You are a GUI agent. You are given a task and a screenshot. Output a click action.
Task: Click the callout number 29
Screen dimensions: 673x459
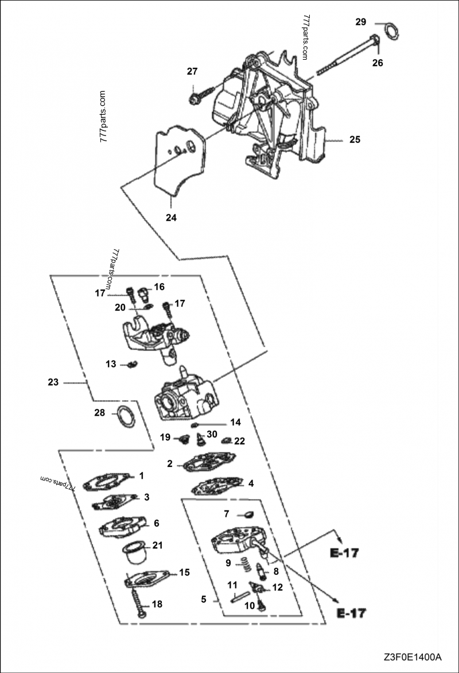tap(360, 22)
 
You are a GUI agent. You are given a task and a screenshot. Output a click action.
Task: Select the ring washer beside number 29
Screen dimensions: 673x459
tap(391, 31)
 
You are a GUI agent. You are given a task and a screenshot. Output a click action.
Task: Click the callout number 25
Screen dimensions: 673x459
tap(355, 140)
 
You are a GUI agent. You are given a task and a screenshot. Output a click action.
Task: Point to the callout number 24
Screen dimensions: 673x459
tap(171, 218)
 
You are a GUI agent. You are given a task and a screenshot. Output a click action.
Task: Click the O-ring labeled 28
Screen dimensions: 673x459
tap(126, 416)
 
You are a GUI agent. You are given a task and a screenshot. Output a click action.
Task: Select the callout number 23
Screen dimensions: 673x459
tap(53, 382)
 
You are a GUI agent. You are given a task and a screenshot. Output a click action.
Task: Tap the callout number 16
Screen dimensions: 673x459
tap(159, 287)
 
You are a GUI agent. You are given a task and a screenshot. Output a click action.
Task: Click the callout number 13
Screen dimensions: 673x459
tap(111, 364)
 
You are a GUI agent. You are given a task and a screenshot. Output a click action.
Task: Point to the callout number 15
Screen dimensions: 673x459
tap(184, 572)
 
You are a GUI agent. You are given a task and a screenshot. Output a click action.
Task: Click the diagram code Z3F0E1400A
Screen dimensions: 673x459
tap(413, 656)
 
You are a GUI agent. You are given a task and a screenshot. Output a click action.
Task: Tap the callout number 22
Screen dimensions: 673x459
tap(240, 441)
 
